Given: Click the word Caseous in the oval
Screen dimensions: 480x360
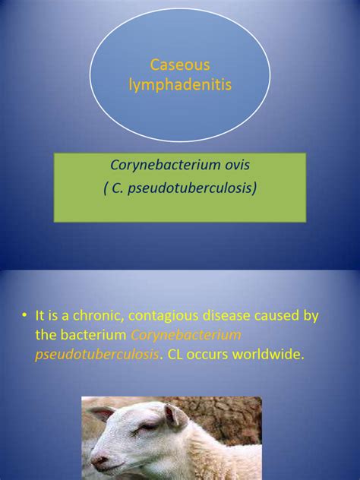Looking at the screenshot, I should (x=180, y=67).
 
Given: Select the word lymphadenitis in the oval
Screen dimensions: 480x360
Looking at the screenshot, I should (x=180, y=85).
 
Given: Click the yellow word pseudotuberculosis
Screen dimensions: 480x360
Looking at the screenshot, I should (x=96, y=354).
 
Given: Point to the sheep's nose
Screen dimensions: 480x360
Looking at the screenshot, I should (x=97, y=459).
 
